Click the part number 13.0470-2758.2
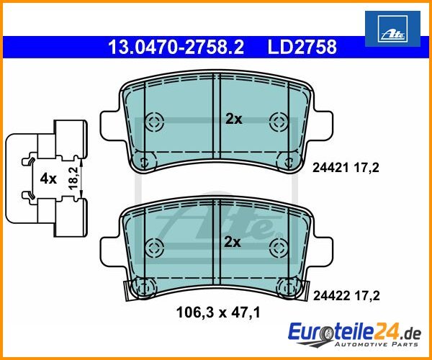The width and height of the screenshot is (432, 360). pyautogui.click(x=176, y=47)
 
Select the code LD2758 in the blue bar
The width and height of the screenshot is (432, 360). pyautogui.click(x=302, y=47)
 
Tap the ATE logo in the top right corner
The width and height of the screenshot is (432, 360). pyautogui.click(x=392, y=29)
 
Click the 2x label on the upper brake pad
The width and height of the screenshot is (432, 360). pyautogui.click(x=233, y=120)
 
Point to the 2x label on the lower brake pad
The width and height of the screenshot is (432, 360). pyautogui.click(x=233, y=243)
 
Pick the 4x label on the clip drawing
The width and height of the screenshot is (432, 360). pyautogui.click(x=48, y=179)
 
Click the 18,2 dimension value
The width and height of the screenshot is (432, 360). pyautogui.click(x=73, y=178)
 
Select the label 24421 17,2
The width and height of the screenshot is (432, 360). pyautogui.click(x=346, y=168)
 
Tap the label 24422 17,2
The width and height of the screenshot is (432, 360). pyautogui.click(x=346, y=296)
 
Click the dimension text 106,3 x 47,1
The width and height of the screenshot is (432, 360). pyautogui.click(x=218, y=312)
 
